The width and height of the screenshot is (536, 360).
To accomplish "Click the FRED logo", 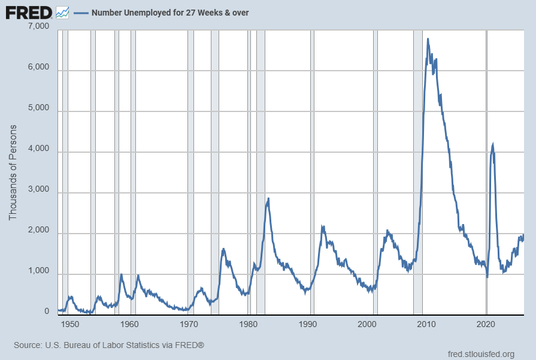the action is [29, 13].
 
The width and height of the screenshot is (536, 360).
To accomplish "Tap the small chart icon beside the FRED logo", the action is [62, 13].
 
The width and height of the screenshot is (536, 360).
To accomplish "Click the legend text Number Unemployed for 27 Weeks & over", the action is [170, 13].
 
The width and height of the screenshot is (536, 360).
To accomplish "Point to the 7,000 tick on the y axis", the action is [38, 26].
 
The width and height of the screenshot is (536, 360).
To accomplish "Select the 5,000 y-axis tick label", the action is [38, 108].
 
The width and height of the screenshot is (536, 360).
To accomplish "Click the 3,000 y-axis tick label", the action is [38, 189].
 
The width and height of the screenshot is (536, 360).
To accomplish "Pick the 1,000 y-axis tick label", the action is [38, 271].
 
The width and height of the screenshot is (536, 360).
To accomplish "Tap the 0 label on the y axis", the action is [47, 311].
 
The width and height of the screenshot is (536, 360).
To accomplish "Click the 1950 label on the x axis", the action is [70, 324].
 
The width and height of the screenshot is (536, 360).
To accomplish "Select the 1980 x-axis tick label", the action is [249, 324].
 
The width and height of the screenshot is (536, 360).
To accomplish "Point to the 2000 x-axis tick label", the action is [367, 324].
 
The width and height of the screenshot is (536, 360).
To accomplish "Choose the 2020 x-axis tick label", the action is [486, 324].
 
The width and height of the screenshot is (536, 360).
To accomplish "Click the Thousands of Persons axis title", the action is [13, 173].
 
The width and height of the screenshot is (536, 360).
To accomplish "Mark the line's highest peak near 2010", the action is [428, 39].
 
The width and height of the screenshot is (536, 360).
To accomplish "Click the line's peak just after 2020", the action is [493, 144].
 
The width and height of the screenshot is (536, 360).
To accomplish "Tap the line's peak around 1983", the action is [268, 199].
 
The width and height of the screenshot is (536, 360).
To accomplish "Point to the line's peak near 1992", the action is [322, 226].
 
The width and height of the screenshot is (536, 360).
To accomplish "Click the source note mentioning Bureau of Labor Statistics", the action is [109, 345].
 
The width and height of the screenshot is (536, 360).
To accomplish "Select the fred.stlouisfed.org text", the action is [481, 354].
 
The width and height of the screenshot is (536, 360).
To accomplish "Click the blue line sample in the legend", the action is [81, 13].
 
